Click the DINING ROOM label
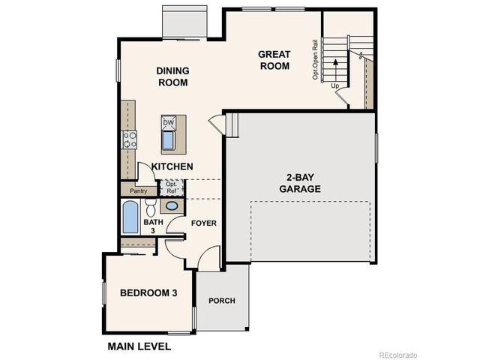[x=172, y=76]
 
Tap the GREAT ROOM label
[x=274, y=60]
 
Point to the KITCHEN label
[x=172, y=166]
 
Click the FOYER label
[x=203, y=223]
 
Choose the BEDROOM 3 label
[x=148, y=292]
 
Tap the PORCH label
[x=221, y=301]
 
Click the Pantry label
[x=138, y=191]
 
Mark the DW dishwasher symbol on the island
[x=169, y=122]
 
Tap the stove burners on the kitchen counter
[x=130, y=139]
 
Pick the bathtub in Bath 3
[x=130, y=217]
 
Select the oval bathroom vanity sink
[x=172, y=206]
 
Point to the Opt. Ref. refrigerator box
[x=170, y=187]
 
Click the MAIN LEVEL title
[x=139, y=346]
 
